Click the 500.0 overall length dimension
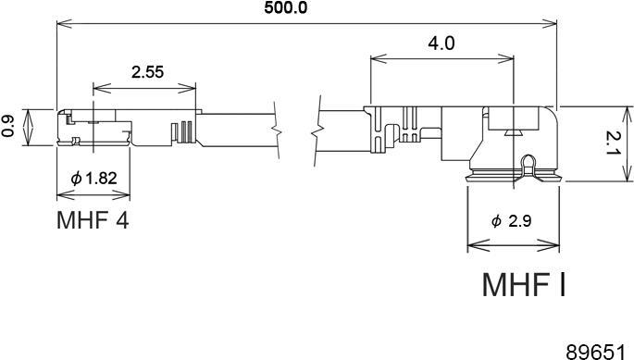pos(285,7)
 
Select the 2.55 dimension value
pos(147,72)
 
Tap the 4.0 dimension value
pos(441,43)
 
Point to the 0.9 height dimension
pos(8,127)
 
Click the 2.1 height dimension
pos(612,144)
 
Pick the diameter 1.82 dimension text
pos(93,178)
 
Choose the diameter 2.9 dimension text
pos(512,221)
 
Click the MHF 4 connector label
pos(93,220)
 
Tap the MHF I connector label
pos(524,285)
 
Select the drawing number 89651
pos(599,351)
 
